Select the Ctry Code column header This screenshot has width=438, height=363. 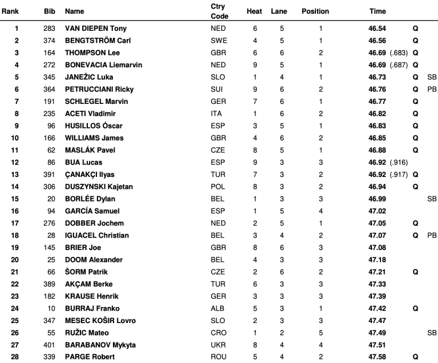point(219,11)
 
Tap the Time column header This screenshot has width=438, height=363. point(377,11)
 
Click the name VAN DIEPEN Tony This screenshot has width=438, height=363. point(96,29)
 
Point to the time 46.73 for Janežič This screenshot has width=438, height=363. point(377,78)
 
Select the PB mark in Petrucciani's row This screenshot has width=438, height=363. point(431,90)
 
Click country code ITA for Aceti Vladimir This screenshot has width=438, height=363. point(216,114)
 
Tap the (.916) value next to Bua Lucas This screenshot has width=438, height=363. point(398,163)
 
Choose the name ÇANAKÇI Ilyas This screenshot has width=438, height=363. point(94,175)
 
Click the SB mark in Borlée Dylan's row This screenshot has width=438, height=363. point(431,199)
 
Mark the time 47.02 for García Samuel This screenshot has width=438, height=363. point(377,211)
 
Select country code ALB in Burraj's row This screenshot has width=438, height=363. point(217,308)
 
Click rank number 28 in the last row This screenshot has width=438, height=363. point(17,357)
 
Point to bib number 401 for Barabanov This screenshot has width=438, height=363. point(50,345)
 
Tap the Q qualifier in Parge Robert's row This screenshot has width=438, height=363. point(415,357)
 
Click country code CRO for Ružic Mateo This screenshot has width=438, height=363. point(217,333)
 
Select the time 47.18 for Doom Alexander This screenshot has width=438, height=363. point(377,260)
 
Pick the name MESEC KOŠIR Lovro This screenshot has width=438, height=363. point(100,321)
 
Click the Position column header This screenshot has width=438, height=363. point(315,11)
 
